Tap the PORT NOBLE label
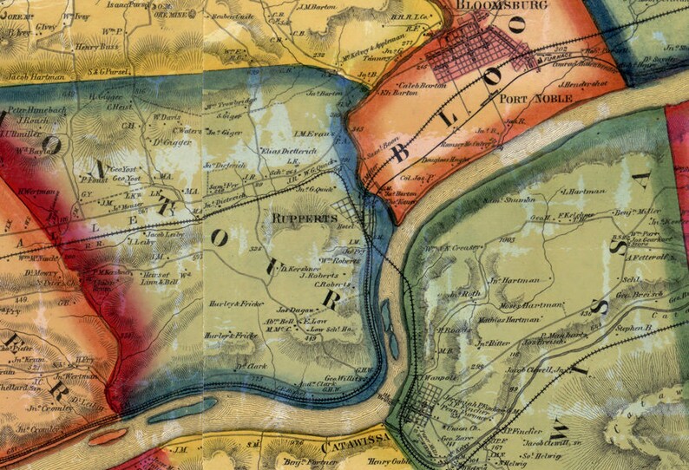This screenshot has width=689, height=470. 536,99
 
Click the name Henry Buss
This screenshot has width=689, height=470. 95,47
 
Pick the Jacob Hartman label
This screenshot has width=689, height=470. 36,76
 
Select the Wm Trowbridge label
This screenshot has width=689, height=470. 233,104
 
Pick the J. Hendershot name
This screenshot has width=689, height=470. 584,86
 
